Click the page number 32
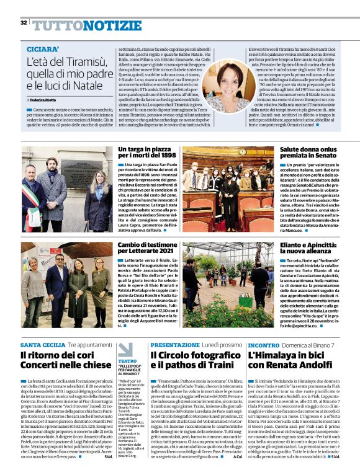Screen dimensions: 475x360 coord(24,23)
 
